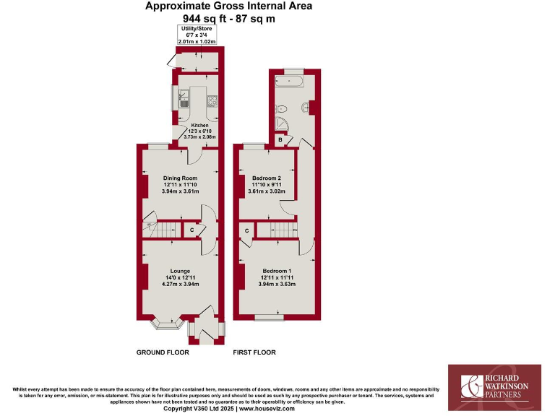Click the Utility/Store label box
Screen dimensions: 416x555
[x=197, y=35]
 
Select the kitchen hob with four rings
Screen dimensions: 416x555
[x=212, y=101]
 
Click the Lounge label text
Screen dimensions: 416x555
[x=180, y=271]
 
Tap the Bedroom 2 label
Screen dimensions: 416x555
[x=266, y=178]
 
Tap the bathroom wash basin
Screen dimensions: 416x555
[x=311, y=108]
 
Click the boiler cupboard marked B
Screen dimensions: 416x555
[x=280, y=139]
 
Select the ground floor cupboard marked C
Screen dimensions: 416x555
[x=192, y=230]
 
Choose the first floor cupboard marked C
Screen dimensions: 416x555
[x=247, y=230]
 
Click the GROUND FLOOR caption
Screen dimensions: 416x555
[x=163, y=352]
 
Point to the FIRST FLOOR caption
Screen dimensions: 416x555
[x=254, y=352]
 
